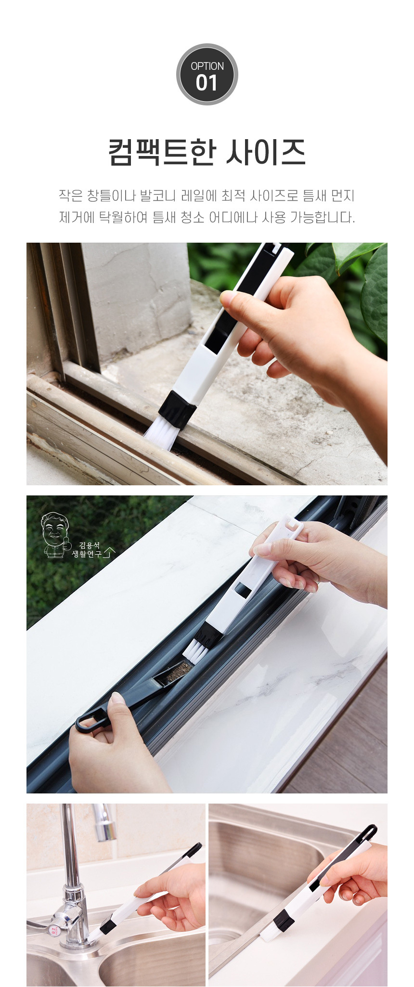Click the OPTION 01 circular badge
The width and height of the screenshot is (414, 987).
207,74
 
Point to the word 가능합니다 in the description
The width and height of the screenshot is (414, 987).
322,218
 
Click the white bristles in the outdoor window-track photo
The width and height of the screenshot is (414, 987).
159,434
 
